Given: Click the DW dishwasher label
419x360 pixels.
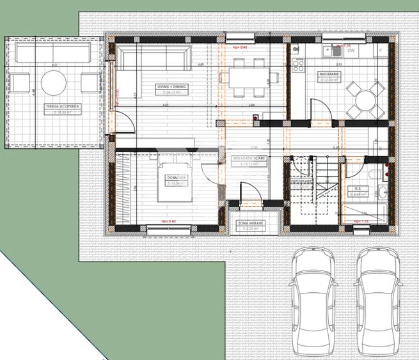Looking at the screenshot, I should [x=351, y=51].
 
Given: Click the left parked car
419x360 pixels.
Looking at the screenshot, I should [x=313, y=301].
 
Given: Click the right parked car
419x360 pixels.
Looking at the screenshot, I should [x=377, y=301].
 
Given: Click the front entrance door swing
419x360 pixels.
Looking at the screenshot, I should [x=248, y=192].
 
